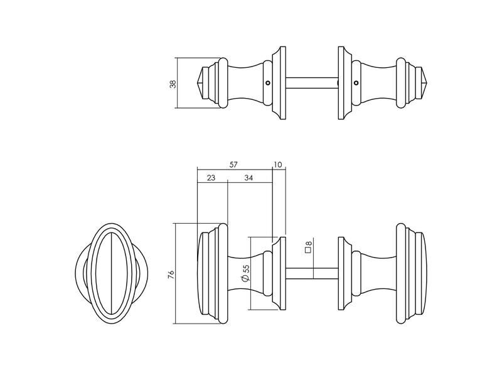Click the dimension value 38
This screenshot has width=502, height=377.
pyautogui.click(x=173, y=84)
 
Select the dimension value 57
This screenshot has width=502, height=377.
pyautogui.click(x=233, y=165)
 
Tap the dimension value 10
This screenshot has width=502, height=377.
pyautogui.click(x=278, y=165)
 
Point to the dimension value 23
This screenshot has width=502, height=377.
pyautogui.click(x=211, y=178)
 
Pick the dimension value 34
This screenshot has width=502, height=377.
pyautogui.click(x=248, y=178)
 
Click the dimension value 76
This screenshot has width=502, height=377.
pyautogui.click(x=171, y=275)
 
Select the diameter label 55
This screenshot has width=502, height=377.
pyautogui.click(x=245, y=270)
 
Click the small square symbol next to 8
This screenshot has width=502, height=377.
pyautogui.click(x=309, y=250)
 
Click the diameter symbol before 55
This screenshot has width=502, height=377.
pyautogui.click(x=245, y=279)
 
